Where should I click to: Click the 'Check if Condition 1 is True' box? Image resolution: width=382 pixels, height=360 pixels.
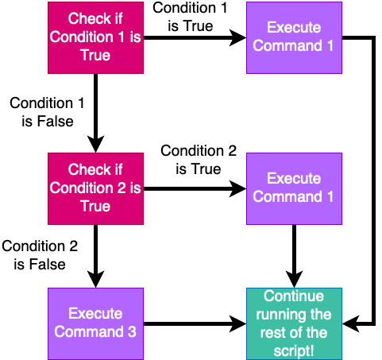[95, 37]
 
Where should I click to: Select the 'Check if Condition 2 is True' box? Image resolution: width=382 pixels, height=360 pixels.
[95, 188]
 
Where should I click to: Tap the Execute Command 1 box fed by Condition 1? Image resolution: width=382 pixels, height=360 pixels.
[294, 37]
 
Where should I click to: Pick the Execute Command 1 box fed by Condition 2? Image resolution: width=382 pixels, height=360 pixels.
[294, 188]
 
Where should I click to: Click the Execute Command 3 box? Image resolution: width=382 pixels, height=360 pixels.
[95, 323]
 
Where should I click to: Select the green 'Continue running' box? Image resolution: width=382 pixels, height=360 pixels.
[294, 323]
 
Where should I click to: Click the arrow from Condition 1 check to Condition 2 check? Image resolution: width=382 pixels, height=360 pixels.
[95, 111]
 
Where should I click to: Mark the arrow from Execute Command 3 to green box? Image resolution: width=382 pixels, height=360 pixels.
[195, 323]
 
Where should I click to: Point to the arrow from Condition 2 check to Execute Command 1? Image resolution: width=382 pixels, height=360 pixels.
[195, 189]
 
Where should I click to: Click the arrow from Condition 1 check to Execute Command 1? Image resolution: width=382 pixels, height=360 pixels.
[195, 37]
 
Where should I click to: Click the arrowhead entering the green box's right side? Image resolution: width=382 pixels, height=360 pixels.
[349, 323]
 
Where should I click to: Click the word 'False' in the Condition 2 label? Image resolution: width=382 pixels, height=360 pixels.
[48, 263]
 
